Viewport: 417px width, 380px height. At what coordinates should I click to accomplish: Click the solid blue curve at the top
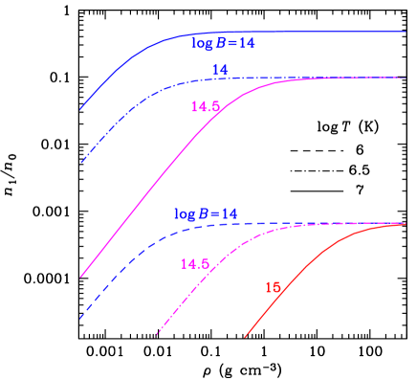[x=287, y=32]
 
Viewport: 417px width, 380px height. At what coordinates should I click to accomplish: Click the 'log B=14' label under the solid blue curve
[x=223, y=43]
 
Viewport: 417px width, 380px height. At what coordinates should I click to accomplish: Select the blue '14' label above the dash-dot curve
[x=220, y=70]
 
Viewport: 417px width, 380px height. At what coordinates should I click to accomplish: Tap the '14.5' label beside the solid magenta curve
[x=206, y=107]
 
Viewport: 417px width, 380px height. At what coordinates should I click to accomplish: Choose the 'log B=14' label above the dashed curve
[x=205, y=213]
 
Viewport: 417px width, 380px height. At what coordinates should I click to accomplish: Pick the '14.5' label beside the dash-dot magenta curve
[x=194, y=263]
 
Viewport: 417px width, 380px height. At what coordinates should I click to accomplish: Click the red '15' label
[x=273, y=287]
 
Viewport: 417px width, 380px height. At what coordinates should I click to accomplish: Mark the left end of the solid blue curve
[x=80, y=109]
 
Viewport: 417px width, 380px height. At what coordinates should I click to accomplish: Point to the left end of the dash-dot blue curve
[x=80, y=162]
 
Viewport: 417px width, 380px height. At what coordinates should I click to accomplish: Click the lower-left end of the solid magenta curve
[x=80, y=278]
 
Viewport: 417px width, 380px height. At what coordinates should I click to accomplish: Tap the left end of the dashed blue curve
[x=80, y=318]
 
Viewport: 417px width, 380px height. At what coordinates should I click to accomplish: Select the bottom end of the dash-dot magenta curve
[x=156, y=337]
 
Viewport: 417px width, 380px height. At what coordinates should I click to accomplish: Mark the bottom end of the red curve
[x=246, y=337]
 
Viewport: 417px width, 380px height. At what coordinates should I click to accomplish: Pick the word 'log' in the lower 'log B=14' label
[x=184, y=213]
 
